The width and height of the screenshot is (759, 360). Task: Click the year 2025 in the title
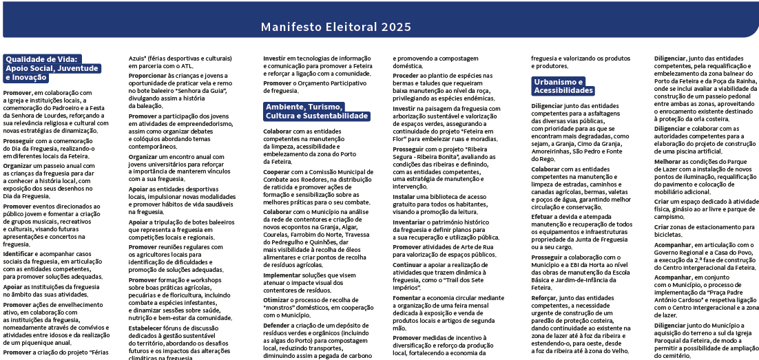[397, 27]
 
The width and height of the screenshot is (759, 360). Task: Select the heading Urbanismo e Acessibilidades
[559, 86]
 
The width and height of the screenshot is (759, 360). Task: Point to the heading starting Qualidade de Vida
[52, 68]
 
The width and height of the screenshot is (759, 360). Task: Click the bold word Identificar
[17, 254]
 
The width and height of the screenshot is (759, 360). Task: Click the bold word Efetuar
[544, 216]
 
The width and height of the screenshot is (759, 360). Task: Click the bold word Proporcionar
[149, 75]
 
